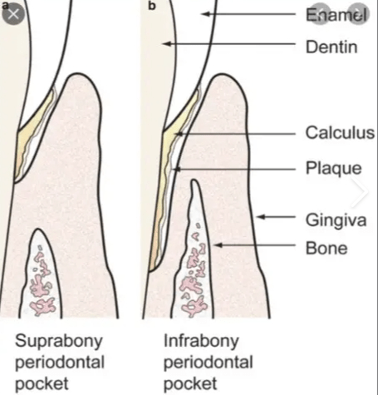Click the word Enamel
tap(337, 14)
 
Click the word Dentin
tap(331, 47)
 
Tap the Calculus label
tap(340, 133)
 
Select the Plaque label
tap(334, 168)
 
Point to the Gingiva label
tap(336, 220)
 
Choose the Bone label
tap(326, 248)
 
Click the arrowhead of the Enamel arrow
tap(204, 13)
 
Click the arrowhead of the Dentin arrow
tap(167, 43)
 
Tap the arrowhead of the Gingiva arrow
tap(260, 217)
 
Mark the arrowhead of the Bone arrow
tap(218, 245)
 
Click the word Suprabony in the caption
tap(59, 342)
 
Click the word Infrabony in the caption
tap(201, 342)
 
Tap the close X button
tap(13, 14)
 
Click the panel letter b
tap(152, 6)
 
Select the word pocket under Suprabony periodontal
tap(42, 384)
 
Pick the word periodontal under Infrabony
tap(209, 363)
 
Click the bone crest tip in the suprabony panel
tap(39, 230)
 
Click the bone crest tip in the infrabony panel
tap(194, 180)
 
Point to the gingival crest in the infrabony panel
tap(221, 75)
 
